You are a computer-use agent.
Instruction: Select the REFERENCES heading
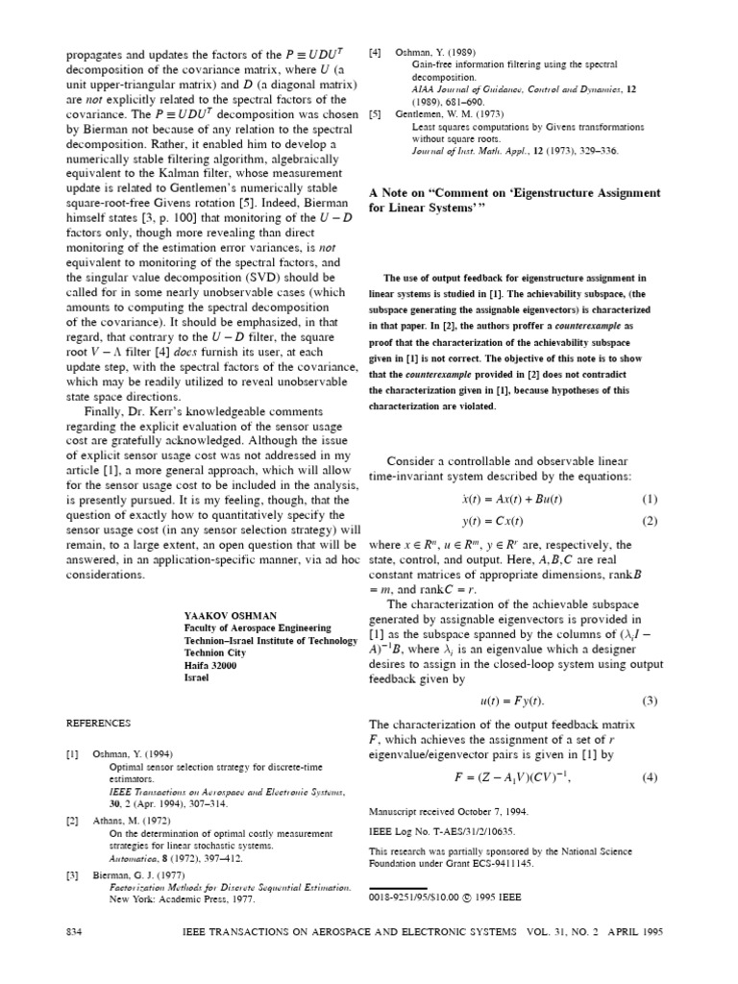click(99, 722)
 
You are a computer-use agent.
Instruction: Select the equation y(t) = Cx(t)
click(492, 521)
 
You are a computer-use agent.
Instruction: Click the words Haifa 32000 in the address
click(209, 664)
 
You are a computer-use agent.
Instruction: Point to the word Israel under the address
click(196, 676)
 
